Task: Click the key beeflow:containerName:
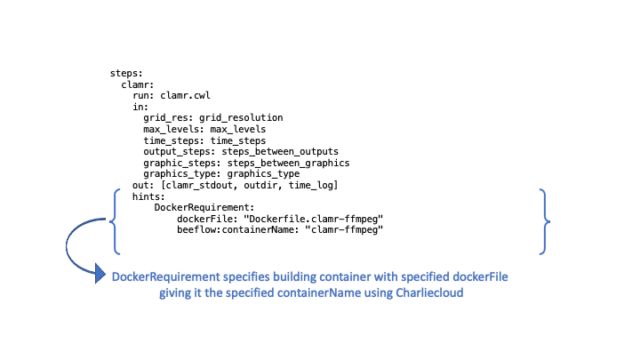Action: (238, 228)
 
